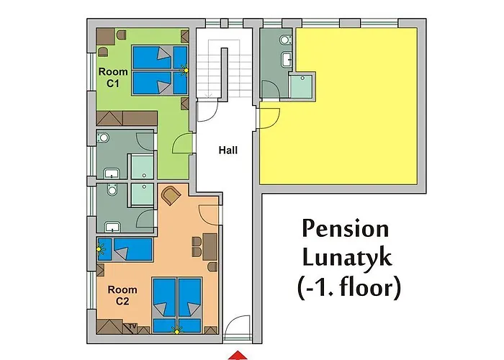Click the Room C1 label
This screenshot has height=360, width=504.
(113, 77)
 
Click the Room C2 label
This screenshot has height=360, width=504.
(122, 295)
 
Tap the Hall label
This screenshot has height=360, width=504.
(228, 150)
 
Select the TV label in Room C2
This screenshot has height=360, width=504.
(132, 326)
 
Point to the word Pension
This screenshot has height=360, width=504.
(346, 229)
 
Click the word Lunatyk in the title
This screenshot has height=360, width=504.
(347, 257)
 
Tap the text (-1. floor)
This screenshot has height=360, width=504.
(349, 287)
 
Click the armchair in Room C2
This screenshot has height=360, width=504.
(171, 195)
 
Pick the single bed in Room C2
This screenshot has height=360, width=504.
(125, 249)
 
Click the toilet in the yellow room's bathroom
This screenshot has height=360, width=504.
(285, 40)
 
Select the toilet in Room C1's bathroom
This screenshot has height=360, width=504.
(103, 138)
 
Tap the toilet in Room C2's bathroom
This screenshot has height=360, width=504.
(112, 189)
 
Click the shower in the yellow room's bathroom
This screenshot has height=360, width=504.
(301, 86)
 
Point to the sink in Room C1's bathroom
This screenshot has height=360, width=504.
(112, 174)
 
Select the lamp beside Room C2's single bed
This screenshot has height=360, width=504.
(100, 248)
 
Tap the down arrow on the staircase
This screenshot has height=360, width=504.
(209, 94)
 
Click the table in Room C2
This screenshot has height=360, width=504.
(210, 247)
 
